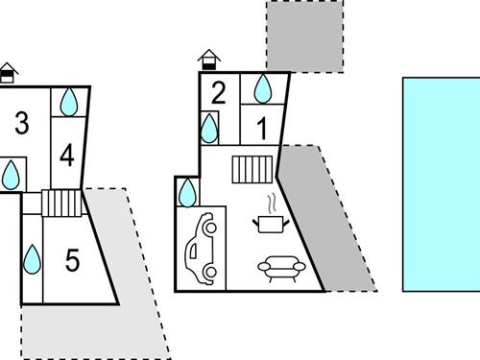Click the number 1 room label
[262, 128]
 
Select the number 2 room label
[219, 93]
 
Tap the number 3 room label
[22, 123]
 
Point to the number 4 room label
[67, 155]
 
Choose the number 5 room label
[72, 260]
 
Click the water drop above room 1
[263, 89]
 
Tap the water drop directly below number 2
[209, 129]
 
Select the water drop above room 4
[69, 102]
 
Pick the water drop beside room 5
[33, 259]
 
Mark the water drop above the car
[187, 193]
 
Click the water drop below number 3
[11, 175]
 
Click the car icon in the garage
[201, 249]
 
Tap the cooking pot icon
[271, 224]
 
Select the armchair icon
[281, 269]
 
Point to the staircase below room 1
[252, 170]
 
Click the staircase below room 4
[61, 204]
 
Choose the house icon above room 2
[209, 60]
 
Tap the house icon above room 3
[8, 73]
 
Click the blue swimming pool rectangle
[442, 184]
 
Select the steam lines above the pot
[272, 204]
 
